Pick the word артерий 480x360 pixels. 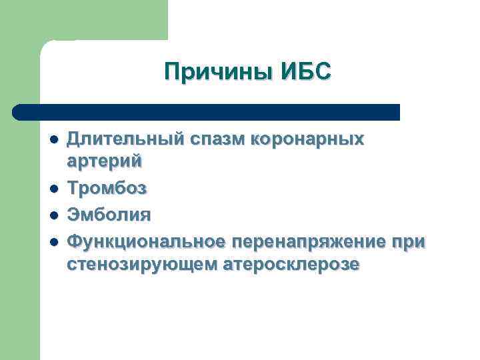[x=105, y=161]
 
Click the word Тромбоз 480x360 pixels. [x=107, y=189]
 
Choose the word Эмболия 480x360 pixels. [x=109, y=215]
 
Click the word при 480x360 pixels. [x=408, y=241]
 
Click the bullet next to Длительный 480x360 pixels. [x=53, y=140]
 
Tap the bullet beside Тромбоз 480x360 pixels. [x=53, y=189]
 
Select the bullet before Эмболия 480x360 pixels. [x=53, y=215]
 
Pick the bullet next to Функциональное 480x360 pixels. [x=53, y=241]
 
